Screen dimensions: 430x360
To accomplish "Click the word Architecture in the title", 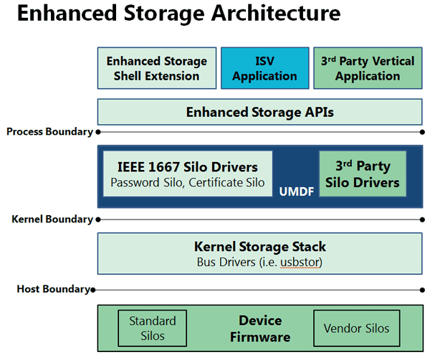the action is tap(276, 13).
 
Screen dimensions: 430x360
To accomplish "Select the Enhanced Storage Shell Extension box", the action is tap(157, 68).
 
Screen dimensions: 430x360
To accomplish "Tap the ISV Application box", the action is tap(265, 68).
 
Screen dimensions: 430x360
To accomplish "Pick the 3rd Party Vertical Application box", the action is tap(368, 68).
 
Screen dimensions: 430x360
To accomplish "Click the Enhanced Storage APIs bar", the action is tap(259, 112).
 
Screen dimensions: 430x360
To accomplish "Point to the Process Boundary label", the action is tap(49, 132).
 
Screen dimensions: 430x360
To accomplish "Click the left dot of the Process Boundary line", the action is tap(98, 132).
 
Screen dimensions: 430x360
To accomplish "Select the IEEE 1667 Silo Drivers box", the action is tap(188, 174).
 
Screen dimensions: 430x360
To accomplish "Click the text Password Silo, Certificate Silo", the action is tap(188, 183).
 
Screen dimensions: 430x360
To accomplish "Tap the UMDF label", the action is tap(297, 191).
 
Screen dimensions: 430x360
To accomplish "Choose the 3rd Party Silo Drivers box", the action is tap(363, 174).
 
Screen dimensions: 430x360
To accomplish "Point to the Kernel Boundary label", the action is tap(52, 219).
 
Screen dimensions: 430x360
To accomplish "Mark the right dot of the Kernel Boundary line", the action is tap(422, 219).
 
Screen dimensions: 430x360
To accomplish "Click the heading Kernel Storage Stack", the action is tap(260, 247).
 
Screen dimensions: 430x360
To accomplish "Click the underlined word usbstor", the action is tap(300, 262).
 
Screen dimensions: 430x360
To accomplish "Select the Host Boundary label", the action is tap(54, 289).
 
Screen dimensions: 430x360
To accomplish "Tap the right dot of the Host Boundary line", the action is tap(422, 290).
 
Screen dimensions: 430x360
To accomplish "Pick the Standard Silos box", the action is tap(153, 328).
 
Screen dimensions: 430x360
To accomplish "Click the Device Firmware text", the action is tap(260, 328).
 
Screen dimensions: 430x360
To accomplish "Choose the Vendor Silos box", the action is tap(357, 328).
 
